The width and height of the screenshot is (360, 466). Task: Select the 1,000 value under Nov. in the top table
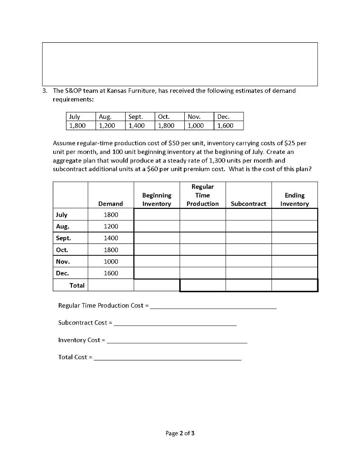coord(194,125)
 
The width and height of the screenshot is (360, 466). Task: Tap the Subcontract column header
coord(248,203)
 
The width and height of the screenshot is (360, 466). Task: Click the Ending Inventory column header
coord(294,199)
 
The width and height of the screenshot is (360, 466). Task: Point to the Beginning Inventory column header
coord(157,199)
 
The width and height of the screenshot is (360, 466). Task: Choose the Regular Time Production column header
coord(203,195)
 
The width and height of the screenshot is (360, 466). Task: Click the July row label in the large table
coord(61,214)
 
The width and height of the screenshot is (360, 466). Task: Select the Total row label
coord(76,285)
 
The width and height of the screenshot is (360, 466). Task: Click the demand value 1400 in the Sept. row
coord(111,238)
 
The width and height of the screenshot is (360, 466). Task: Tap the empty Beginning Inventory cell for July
coord(157,214)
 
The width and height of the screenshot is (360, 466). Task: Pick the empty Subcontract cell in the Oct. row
coord(248,250)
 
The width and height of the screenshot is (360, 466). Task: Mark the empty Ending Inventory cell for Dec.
coord(294,273)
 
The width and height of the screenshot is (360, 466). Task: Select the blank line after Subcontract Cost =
coord(175,323)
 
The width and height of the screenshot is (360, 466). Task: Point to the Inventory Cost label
coord(79,340)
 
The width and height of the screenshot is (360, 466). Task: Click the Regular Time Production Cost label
coord(101,305)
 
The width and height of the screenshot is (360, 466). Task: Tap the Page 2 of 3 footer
coord(180,433)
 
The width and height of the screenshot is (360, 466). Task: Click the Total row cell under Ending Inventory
coord(294,285)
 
